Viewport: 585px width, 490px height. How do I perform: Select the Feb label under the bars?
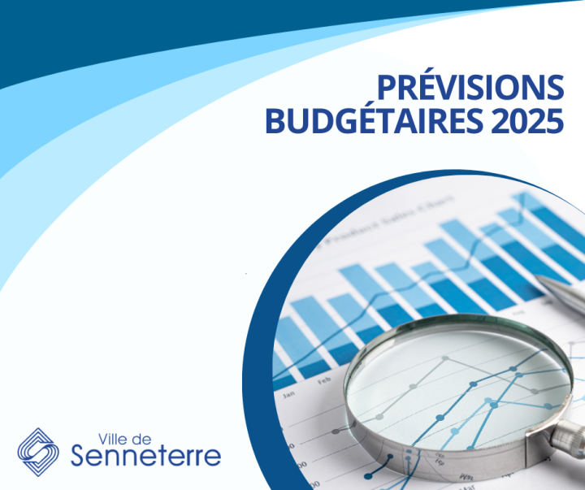324,379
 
